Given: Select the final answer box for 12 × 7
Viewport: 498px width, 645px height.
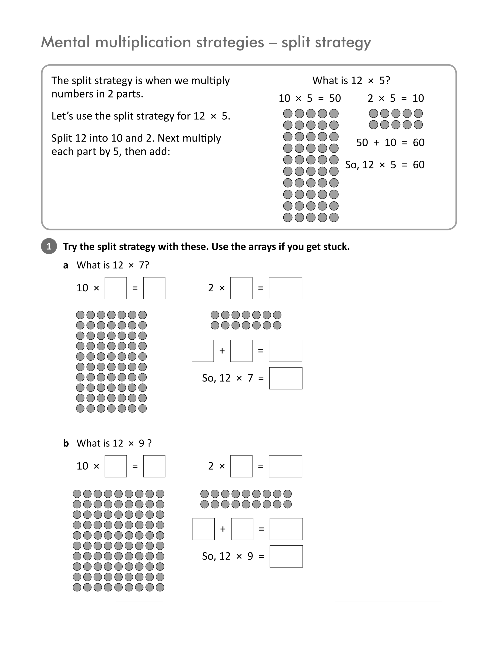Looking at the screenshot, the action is (x=286, y=378).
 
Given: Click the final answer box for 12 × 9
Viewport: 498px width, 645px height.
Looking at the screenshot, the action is (x=286, y=556).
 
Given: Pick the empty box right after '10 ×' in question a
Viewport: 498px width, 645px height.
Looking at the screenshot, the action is (x=116, y=288).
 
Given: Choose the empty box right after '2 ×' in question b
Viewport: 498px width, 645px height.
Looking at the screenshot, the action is (x=241, y=466).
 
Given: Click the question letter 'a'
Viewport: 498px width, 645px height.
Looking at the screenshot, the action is (x=66, y=265).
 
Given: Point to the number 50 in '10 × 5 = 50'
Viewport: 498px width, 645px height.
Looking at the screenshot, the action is (x=335, y=98).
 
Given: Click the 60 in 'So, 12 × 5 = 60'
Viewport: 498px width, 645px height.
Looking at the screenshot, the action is (x=419, y=165).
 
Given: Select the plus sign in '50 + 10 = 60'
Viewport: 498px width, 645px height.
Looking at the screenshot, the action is (x=376, y=143).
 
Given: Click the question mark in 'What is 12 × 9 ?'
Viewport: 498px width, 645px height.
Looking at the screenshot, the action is (x=149, y=443).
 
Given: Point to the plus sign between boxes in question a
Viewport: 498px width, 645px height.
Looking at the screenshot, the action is (x=222, y=351).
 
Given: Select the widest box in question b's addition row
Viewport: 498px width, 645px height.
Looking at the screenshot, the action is (x=286, y=529).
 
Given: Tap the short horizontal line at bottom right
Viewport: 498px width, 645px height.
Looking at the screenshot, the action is (x=389, y=601).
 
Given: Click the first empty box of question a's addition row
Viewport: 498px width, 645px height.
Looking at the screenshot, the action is (x=203, y=351).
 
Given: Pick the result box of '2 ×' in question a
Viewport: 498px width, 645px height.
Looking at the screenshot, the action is (x=285, y=288).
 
